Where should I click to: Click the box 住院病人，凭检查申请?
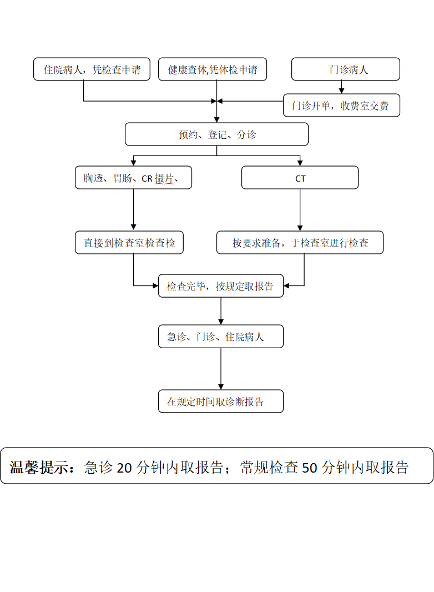coord(92,69)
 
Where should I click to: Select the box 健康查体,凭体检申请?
coord(213,69)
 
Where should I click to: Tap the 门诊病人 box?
coord(346,69)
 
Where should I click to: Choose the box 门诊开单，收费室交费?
coord(341,106)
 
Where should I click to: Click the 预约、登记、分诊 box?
coord(216,134)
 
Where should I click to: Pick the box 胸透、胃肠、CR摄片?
coord(133,178)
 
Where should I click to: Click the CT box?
coord(300,178)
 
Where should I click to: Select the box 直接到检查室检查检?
coord(129,243)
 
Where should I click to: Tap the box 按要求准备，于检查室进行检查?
coord(300,243)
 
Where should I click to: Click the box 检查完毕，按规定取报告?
coord(221,286)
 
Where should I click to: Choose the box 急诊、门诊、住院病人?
coord(221,337)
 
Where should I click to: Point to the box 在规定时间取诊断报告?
coord(221,401)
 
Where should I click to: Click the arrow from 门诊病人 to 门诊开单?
coord(342,87)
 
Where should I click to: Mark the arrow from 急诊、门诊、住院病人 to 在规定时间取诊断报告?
coord(221,369)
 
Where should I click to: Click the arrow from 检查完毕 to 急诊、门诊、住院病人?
coord(221,311)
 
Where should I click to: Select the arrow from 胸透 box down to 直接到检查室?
coord(133,210)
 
